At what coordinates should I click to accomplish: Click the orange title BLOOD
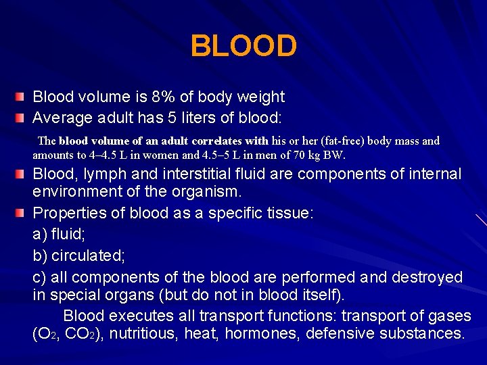point(243,47)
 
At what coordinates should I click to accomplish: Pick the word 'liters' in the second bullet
point(206,118)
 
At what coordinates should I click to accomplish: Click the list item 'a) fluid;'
point(56,235)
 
